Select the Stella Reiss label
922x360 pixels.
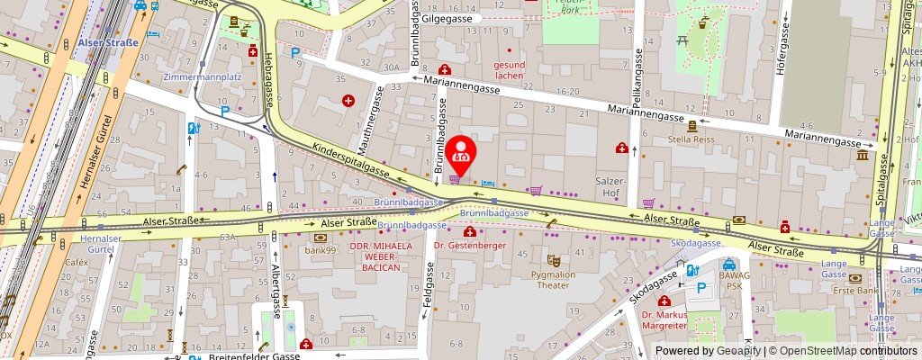pyautogui.click(x=691, y=139)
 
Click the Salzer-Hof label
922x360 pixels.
pyautogui.click(x=611, y=186)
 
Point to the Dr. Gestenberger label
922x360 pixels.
pyautogui.click(x=470, y=245)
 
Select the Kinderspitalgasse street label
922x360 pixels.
pyautogui.click(x=350, y=160)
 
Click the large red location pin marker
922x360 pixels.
pyautogui.click(x=462, y=156)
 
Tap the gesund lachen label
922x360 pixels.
pyautogui.click(x=509, y=70)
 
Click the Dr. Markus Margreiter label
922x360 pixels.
pyautogui.click(x=664, y=320)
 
